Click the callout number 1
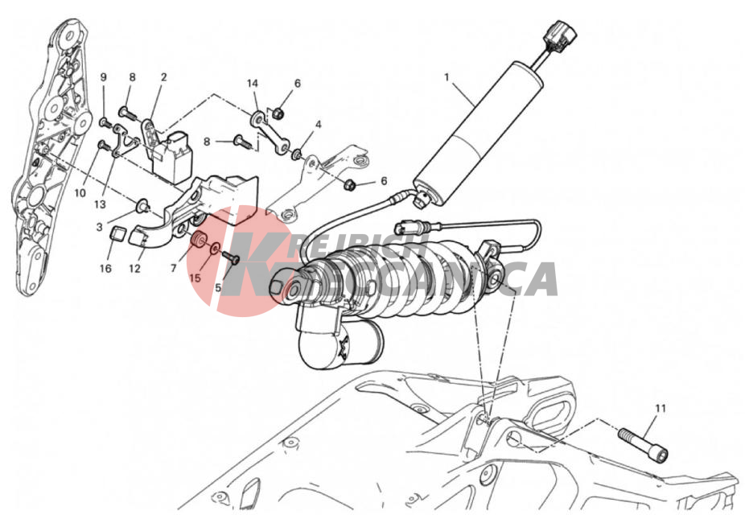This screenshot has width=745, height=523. [x=447, y=77]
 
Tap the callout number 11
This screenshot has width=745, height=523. [x=661, y=409]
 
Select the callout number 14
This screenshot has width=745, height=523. [x=253, y=84]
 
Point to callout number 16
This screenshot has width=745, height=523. [x=105, y=269]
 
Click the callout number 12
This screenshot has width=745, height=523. [x=135, y=269]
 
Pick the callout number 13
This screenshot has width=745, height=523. [x=100, y=204]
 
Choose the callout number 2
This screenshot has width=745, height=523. [x=164, y=77]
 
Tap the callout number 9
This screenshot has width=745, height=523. [x=104, y=77]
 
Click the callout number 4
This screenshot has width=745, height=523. [x=319, y=125]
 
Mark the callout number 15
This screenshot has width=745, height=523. [x=196, y=278]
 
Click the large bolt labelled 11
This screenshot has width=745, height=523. [x=643, y=442]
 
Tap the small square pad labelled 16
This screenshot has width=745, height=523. [x=117, y=234]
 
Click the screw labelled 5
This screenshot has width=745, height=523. [x=230, y=257]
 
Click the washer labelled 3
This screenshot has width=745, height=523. [x=142, y=206]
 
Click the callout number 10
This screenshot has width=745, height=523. [x=80, y=193]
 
